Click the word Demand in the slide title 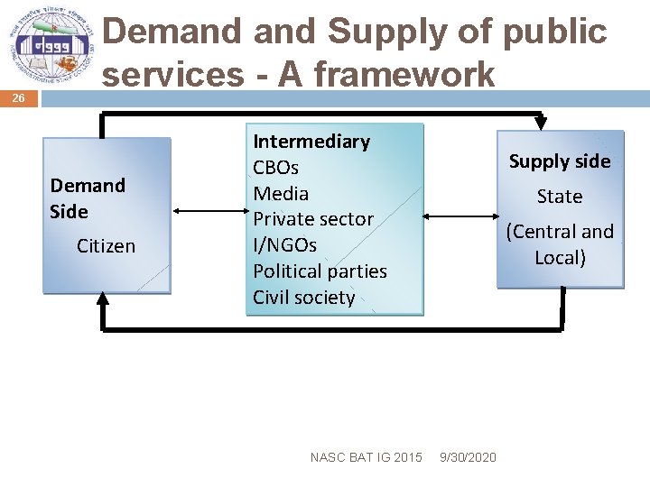point(173,32)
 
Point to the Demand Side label point(88,198)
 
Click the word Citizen point(106,246)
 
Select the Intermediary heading point(311,142)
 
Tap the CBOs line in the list point(275,168)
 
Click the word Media point(281,194)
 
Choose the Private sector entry point(312,219)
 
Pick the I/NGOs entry point(284,245)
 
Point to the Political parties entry point(320,271)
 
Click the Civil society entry point(303,298)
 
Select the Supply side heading point(560,161)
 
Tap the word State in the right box point(560,197)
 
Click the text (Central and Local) point(560,244)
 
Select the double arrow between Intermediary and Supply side point(460,216)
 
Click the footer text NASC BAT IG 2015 point(366,457)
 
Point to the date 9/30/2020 point(468,457)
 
